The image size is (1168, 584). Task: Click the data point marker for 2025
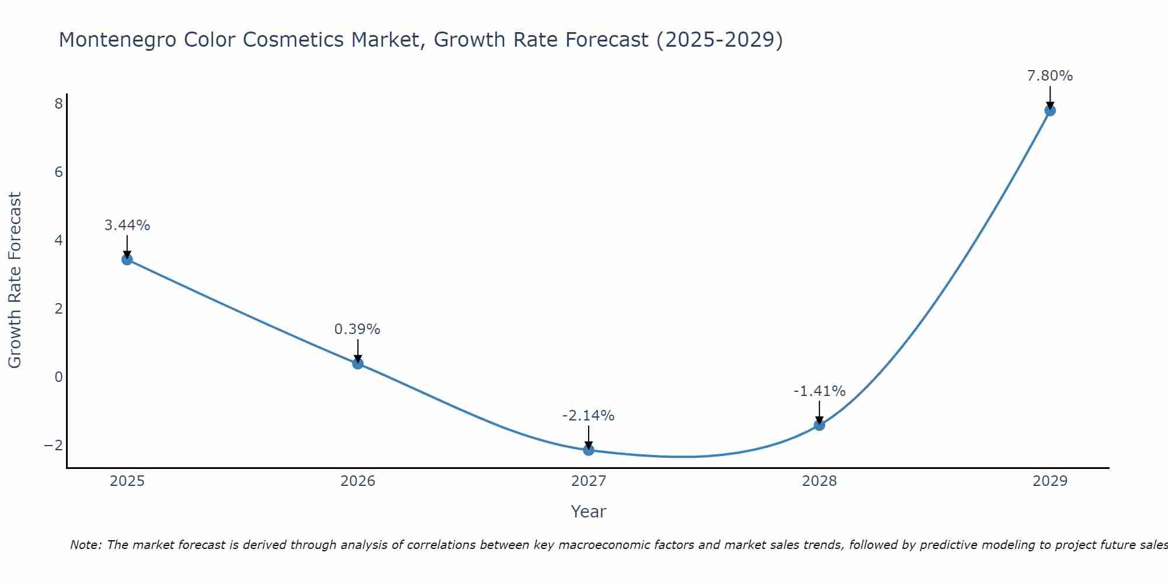(127, 259)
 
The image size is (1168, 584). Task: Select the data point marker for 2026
(358, 363)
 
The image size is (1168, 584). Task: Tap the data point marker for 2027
(589, 450)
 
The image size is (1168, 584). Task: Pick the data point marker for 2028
(819, 425)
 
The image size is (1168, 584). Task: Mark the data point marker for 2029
(1050, 110)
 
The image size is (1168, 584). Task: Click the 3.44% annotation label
(127, 225)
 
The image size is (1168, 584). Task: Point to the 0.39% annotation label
(357, 329)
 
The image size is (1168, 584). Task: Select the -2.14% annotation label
(588, 416)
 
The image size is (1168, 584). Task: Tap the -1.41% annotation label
(819, 391)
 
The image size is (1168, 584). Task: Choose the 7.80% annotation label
(1050, 76)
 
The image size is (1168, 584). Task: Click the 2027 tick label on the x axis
(589, 481)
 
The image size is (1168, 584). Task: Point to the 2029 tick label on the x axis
(1050, 481)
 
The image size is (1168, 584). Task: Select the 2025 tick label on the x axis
(127, 481)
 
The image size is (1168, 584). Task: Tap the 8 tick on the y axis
(58, 104)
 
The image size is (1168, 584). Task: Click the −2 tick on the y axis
(54, 445)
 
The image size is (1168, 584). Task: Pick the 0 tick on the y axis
(58, 377)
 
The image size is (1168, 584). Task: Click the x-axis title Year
(589, 512)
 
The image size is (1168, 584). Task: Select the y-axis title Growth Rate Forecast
(15, 280)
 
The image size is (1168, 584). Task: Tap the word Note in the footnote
(85, 545)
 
